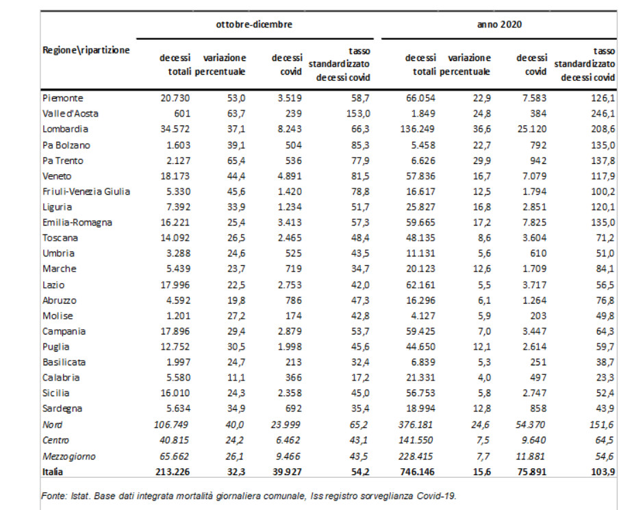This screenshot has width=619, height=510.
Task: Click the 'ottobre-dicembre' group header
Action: click(254, 25)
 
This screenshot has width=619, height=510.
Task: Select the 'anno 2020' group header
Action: click(499, 25)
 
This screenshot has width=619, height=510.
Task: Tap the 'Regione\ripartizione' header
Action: click(86, 50)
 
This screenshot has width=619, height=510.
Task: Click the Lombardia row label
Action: click(65, 130)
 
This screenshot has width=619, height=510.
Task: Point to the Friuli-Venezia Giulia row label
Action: click(86, 192)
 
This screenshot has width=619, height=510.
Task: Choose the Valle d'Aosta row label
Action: click(71, 114)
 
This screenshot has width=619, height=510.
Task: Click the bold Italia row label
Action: click(53, 472)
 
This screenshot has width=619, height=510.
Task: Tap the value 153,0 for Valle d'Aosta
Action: click(357, 114)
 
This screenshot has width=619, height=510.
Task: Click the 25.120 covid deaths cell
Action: click(532, 130)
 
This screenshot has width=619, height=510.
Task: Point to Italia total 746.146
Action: click(417, 472)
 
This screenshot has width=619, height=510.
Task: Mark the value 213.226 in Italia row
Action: click(173, 472)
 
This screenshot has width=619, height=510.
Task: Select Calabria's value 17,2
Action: click(360, 378)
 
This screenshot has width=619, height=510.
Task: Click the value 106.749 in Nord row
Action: click(171, 425)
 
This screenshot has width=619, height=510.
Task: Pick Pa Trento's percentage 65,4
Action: click(236, 161)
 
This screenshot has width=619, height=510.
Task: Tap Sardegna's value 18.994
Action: click(421, 409)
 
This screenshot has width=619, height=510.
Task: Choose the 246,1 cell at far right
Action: click(603, 114)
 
